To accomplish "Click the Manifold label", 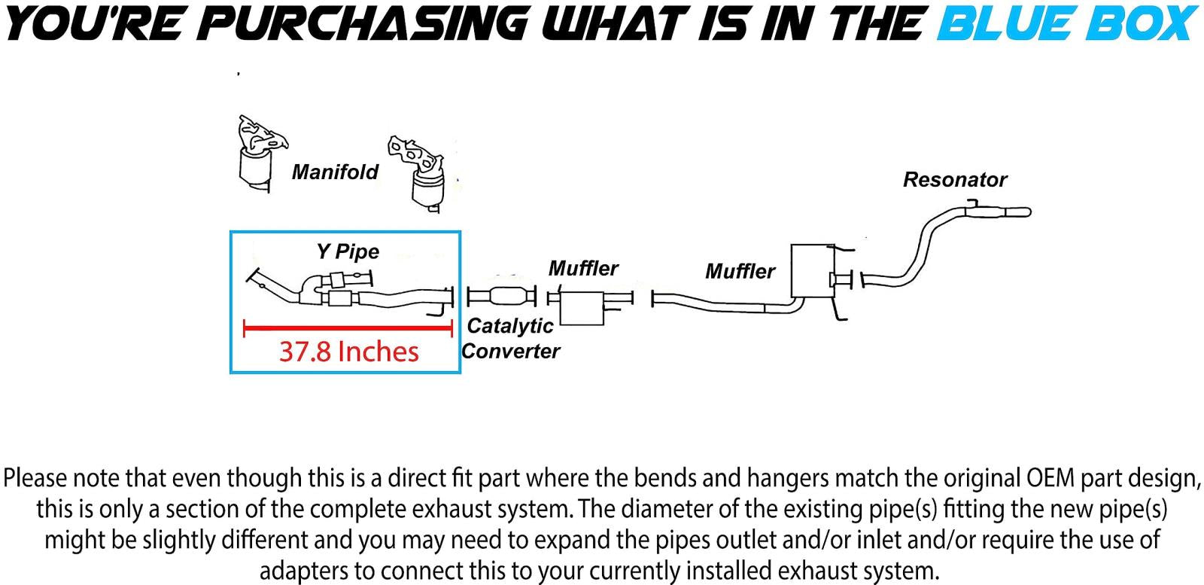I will (x=335, y=172).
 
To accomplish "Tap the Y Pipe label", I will (x=348, y=251).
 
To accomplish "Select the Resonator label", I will (x=954, y=180).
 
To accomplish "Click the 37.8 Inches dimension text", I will (x=348, y=352).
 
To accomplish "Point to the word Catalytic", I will (x=509, y=326).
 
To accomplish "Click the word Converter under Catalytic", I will (x=510, y=352).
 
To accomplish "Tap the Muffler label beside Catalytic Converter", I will (x=583, y=268).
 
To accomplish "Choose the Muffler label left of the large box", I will (x=740, y=271).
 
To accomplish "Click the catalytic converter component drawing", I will (x=502, y=296).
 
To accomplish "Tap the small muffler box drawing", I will (x=581, y=307).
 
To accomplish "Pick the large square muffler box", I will (x=813, y=270).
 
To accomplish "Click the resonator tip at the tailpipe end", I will (x=1008, y=212).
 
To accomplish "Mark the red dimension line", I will (x=348, y=328).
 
